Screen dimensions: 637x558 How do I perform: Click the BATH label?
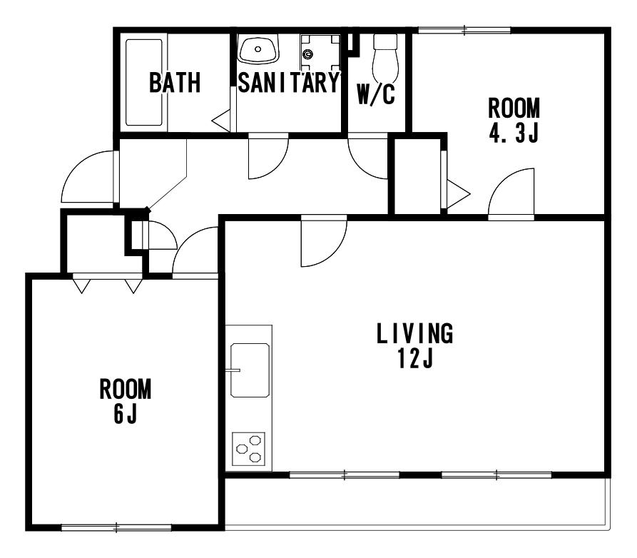(175, 83)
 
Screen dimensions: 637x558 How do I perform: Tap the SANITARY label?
(288, 83)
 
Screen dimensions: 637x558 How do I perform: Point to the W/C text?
(376, 94)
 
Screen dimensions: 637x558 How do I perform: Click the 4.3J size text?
(514, 133)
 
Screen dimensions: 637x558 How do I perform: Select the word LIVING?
(414, 333)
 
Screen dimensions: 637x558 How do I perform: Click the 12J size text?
(415, 358)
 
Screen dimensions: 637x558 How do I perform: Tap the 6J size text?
(125, 413)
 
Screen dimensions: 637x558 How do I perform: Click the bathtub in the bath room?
(144, 83)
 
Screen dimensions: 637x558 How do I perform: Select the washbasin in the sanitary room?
(258, 49)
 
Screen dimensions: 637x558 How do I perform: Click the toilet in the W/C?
(384, 57)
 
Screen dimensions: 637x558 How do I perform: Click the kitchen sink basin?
(250, 370)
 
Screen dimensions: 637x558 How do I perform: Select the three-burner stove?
(249, 449)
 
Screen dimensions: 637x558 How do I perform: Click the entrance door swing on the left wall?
(87, 177)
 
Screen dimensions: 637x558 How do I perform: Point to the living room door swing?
(324, 243)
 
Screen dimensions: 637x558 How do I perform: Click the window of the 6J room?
(116, 528)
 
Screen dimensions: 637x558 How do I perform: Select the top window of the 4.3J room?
(464, 30)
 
